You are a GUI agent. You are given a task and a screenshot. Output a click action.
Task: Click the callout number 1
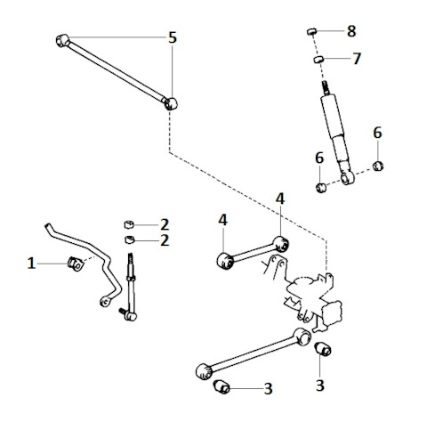(x=31, y=264)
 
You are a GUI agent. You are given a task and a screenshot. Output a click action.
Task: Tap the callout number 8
(x=351, y=31)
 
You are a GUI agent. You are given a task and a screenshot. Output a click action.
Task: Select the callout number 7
(x=357, y=59)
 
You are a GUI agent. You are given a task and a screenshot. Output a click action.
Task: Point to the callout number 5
(x=173, y=37)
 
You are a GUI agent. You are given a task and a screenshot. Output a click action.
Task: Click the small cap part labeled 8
(x=311, y=31)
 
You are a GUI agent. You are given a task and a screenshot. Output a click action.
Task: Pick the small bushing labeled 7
(x=318, y=59)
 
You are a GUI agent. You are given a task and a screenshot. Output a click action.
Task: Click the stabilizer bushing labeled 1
(x=76, y=264)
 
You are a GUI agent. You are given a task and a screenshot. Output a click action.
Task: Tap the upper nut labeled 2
(x=129, y=224)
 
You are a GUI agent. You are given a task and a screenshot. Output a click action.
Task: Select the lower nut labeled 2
(x=129, y=239)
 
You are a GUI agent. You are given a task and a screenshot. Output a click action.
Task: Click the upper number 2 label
(x=165, y=224)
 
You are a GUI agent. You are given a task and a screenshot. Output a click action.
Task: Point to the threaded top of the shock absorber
(x=326, y=87)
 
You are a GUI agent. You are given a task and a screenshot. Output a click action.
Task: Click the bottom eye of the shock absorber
(x=347, y=177)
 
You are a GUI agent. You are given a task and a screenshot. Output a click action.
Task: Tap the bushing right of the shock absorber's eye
(x=378, y=166)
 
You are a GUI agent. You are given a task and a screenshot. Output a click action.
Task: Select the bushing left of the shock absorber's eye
(x=321, y=188)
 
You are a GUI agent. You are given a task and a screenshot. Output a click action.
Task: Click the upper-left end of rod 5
(x=62, y=41)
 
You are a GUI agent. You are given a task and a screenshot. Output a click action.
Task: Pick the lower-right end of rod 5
(x=171, y=103)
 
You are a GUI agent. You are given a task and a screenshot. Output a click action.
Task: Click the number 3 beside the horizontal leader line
(x=268, y=388)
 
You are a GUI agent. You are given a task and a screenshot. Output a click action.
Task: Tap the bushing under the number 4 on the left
(x=226, y=261)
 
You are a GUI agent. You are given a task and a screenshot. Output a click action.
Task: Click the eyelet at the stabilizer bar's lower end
(x=104, y=302)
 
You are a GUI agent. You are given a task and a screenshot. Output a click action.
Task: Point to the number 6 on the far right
(x=377, y=133)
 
